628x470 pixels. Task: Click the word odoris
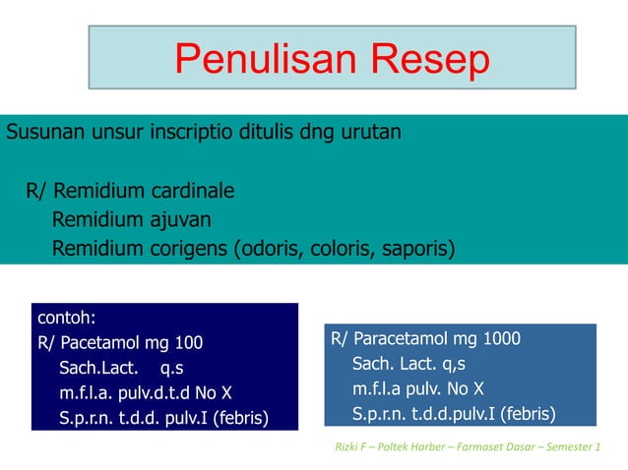pos(269,248)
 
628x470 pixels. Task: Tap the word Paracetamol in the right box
pos(398,339)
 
